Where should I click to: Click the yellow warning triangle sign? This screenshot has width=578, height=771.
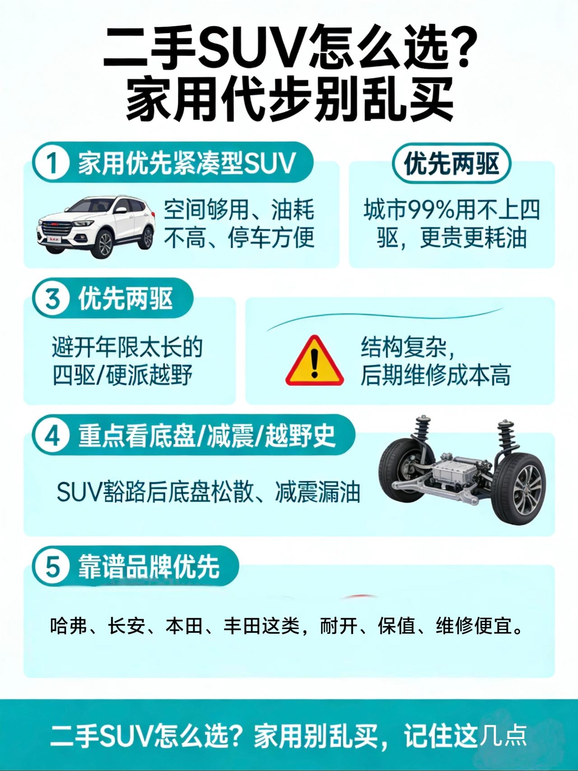click(x=314, y=360)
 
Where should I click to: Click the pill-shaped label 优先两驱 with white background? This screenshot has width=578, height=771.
click(x=451, y=164)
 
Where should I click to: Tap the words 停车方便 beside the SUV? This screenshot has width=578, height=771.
click(x=271, y=238)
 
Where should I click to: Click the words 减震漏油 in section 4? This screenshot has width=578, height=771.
click(x=317, y=492)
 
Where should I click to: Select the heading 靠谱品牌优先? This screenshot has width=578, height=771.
click(x=149, y=567)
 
